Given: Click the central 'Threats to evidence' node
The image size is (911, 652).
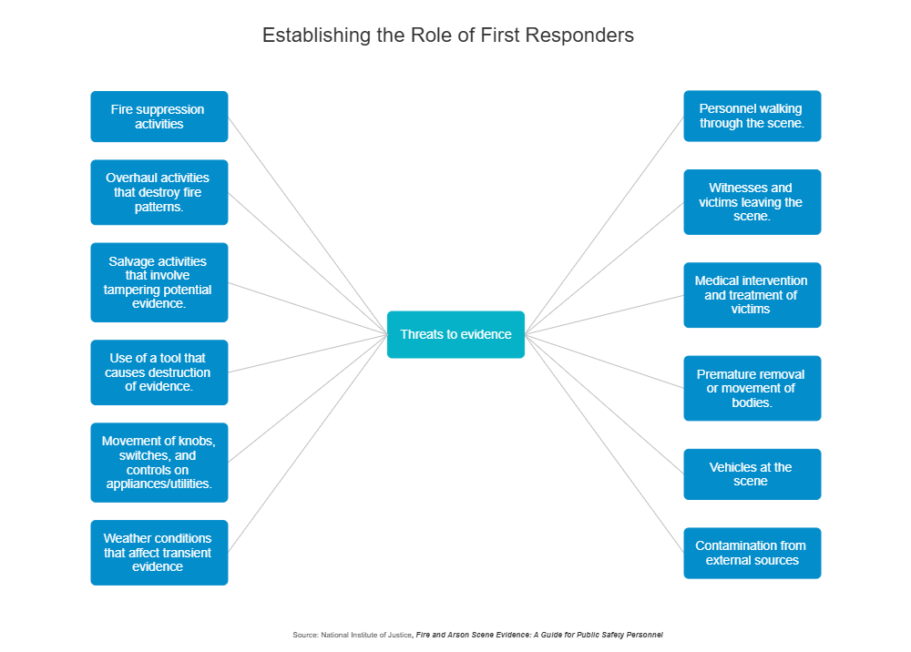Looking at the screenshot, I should (455, 334).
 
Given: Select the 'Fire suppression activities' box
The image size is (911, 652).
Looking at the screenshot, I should (159, 117).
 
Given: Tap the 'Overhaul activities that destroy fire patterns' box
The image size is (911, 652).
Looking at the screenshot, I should (159, 192).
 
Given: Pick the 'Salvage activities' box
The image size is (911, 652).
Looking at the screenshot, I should (159, 282).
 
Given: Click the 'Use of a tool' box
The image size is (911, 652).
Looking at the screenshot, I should (159, 372).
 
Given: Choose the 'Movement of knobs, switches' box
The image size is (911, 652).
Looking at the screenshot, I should (159, 463).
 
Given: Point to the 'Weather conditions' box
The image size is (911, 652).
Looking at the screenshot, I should (159, 553).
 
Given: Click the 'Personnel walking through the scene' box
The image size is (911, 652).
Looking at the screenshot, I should (752, 116).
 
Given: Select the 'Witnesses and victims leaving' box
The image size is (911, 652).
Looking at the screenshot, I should (752, 202).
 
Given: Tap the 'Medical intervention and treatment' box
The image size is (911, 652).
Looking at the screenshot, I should (752, 295).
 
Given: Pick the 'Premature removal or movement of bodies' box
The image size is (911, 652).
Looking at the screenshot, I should (752, 388).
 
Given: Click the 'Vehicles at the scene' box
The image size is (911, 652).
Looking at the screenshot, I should (752, 474).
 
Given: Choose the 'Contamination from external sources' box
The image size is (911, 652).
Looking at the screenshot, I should (752, 553).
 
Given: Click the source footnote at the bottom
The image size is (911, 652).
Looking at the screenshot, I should (477, 634).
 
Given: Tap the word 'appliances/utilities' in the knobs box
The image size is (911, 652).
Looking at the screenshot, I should (159, 484).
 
